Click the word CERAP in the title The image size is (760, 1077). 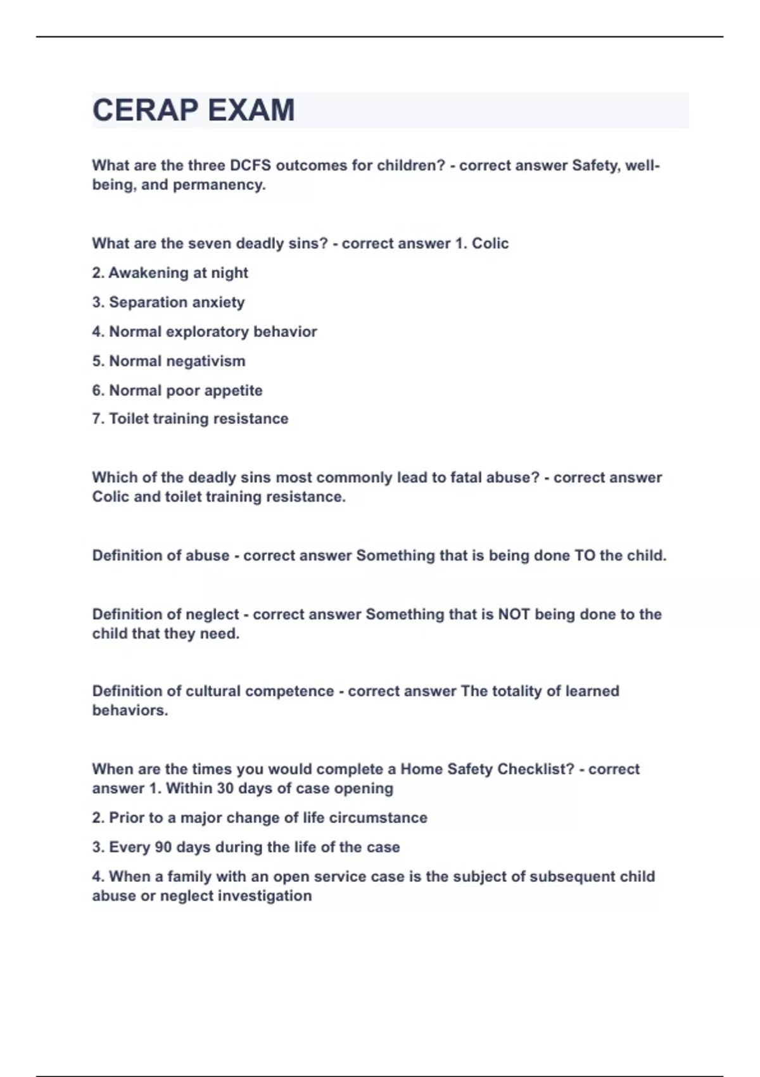point(146,110)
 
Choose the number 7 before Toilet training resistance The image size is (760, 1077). point(97,419)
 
